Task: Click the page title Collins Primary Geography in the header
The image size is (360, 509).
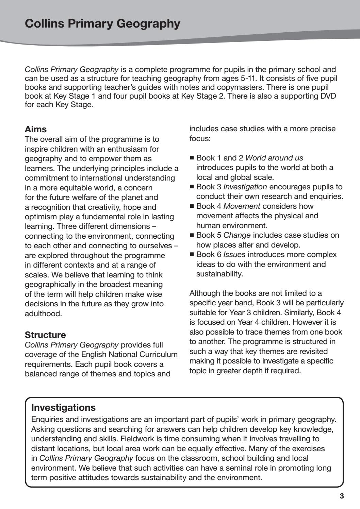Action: pyautogui.click(x=102, y=24)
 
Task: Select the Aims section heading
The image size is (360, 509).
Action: pyautogui.click(x=36, y=129)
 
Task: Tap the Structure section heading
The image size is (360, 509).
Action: pyautogui.click(x=45, y=335)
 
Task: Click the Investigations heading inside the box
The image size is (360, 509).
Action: pyautogui.click(x=63, y=407)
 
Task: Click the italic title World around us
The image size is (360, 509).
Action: pyautogui.click(x=274, y=158)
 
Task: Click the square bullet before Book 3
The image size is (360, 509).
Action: pyautogui.click(x=192, y=187)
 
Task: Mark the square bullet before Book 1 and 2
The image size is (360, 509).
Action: pyautogui.click(x=192, y=158)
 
